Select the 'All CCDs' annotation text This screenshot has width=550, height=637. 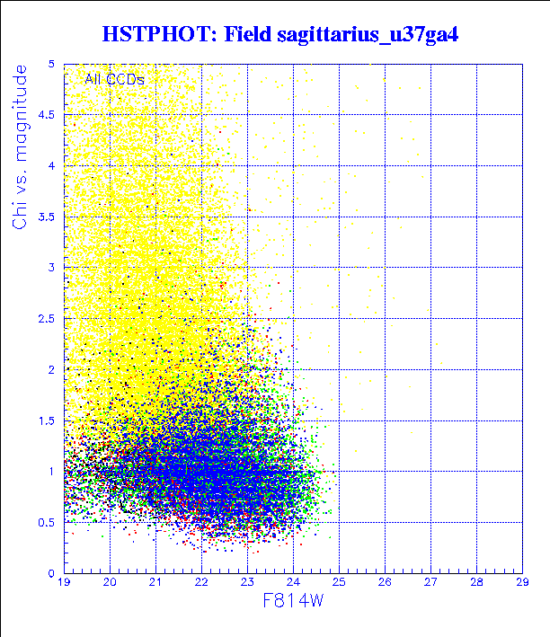click(115, 79)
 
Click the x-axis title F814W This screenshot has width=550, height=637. click(294, 600)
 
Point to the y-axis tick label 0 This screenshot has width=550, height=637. click(53, 573)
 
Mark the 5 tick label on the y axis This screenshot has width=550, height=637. click(53, 64)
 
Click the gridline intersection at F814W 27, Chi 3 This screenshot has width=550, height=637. click(430, 268)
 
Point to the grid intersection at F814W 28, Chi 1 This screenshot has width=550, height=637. click(476, 471)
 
